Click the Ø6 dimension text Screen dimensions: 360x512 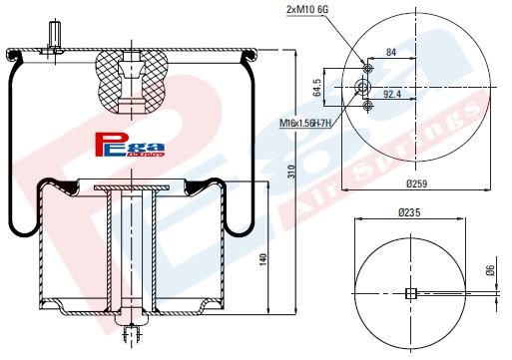pos(489,270)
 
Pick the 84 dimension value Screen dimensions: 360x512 pos(389,52)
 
